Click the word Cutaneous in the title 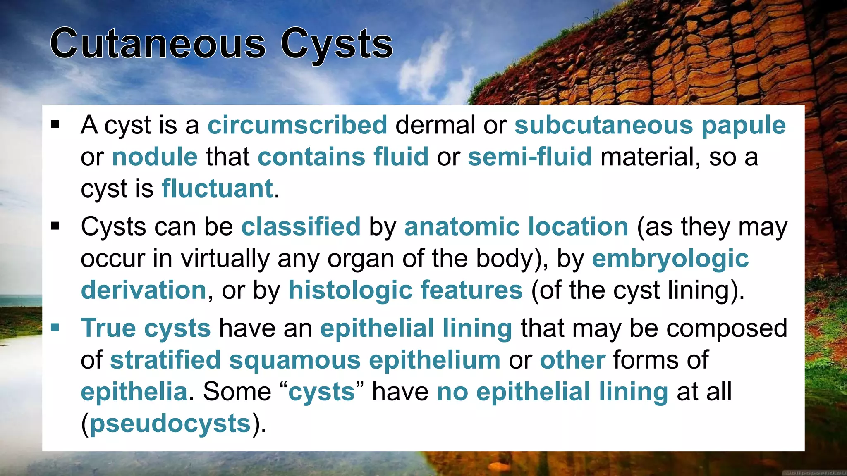point(158,44)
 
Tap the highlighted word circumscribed point(297,125)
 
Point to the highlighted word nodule point(155,157)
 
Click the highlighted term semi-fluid point(529,157)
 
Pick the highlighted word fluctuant point(217,189)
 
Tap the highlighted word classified point(301,227)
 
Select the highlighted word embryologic point(670,259)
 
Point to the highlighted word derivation point(143,290)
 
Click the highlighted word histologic point(350,290)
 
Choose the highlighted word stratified point(165,360)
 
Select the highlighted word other point(572,360)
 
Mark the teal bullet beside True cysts point(55,328)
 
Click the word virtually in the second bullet point(225,259)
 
